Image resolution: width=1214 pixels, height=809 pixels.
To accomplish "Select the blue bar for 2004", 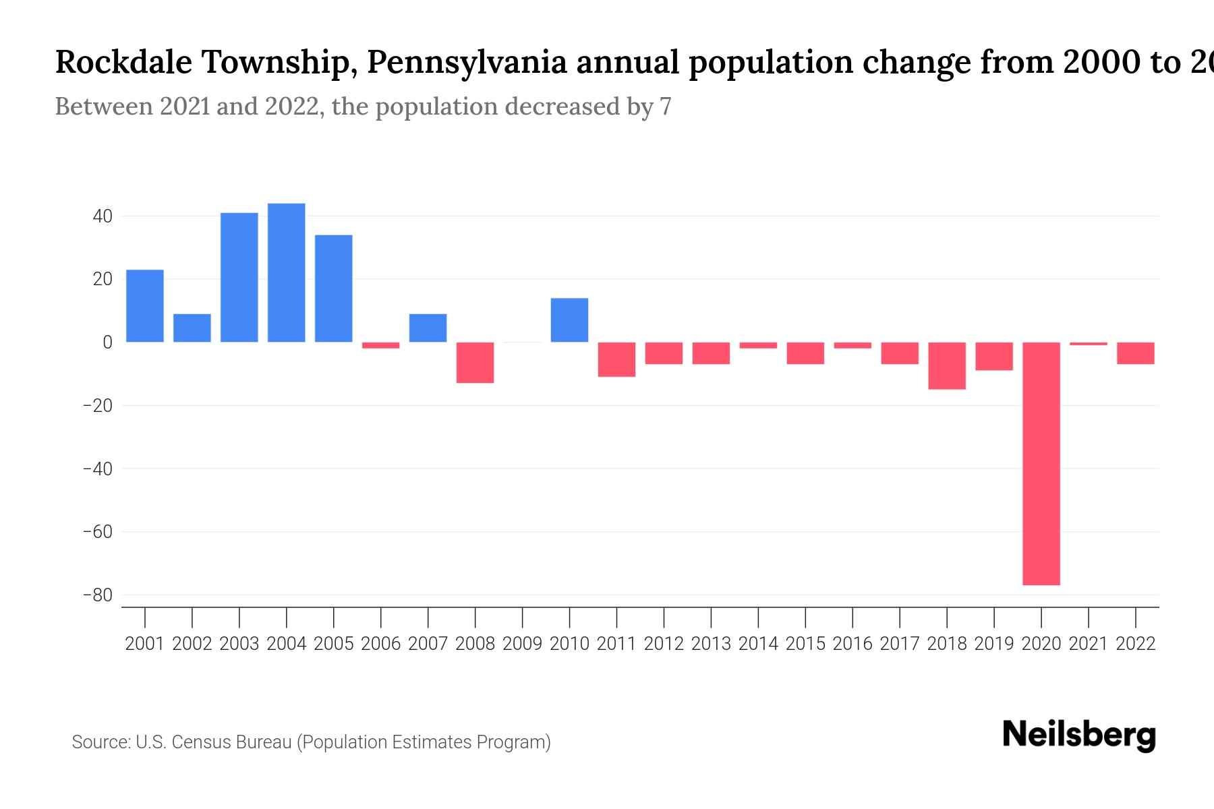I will click(286, 272).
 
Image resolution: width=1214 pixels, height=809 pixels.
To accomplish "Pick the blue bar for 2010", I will click(569, 320).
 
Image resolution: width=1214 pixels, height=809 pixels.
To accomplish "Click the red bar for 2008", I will click(475, 363).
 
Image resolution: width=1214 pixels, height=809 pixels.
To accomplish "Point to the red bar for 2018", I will click(946, 365).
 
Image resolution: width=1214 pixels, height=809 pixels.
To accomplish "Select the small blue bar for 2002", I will click(192, 328).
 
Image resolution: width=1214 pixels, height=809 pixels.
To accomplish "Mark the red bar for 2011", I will click(616, 359).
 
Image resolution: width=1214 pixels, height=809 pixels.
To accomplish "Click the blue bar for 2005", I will click(333, 288).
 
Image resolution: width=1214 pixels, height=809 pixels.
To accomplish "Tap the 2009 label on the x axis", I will click(522, 644).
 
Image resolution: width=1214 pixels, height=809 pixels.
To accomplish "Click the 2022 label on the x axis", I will click(1136, 644).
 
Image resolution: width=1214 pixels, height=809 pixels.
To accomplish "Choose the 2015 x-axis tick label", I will click(805, 644).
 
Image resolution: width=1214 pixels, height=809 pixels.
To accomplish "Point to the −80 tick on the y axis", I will click(97, 595).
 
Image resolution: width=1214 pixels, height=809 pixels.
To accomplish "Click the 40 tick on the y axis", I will click(103, 216).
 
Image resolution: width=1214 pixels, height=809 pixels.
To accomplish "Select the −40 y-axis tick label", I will click(97, 469).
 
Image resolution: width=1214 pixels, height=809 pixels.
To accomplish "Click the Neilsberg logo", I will click(1079, 735).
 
